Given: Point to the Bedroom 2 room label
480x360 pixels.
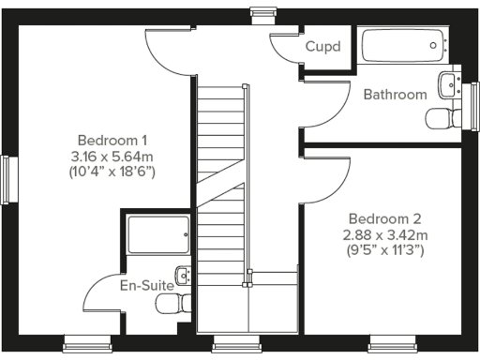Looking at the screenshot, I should [x=382, y=219].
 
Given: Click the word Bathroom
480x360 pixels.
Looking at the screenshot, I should [x=395, y=95].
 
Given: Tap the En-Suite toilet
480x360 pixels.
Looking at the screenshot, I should [x=173, y=305].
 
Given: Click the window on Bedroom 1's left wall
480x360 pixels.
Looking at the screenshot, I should [x=10, y=178].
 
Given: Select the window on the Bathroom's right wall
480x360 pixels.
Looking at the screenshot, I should [x=472, y=97].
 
